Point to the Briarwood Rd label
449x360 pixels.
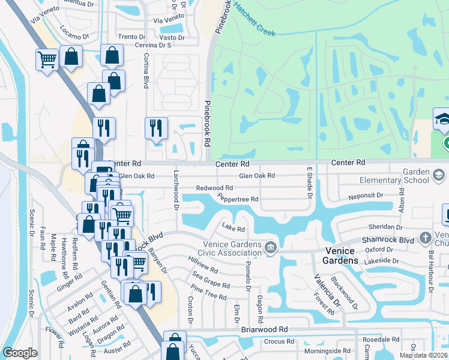coord(265,330)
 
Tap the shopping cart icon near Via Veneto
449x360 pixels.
coord(47,59)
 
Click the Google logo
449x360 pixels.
coord(20,353)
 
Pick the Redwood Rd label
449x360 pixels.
coord(214,188)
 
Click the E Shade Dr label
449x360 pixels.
coord(310,182)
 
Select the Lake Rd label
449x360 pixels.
coord(234,228)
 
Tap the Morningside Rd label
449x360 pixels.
coord(327,351)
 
